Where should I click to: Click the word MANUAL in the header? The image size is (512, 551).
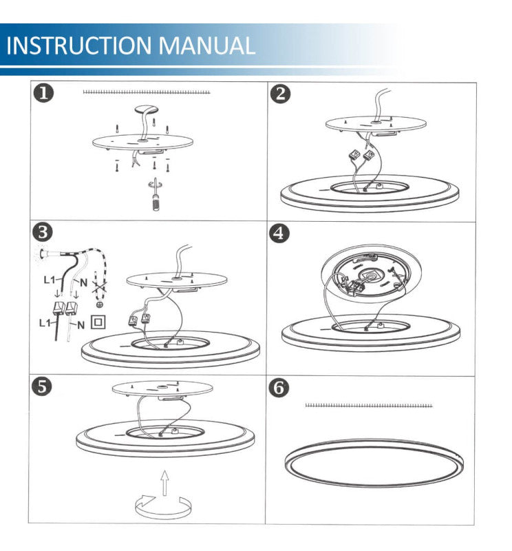pyautogui.click(x=207, y=45)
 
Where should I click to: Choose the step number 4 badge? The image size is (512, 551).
pyautogui.click(x=279, y=233)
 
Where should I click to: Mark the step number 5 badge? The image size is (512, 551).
pyautogui.click(x=45, y=387)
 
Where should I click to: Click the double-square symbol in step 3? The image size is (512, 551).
pyautogui.click(x=98, y=321)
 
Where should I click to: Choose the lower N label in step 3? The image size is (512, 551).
pyautogui.click(x=81, y=325)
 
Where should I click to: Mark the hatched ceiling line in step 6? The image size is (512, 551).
pyautogui.click(x=368, y=406)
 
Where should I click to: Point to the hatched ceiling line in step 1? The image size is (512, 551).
pyautogui.click(x=146, y=92)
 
